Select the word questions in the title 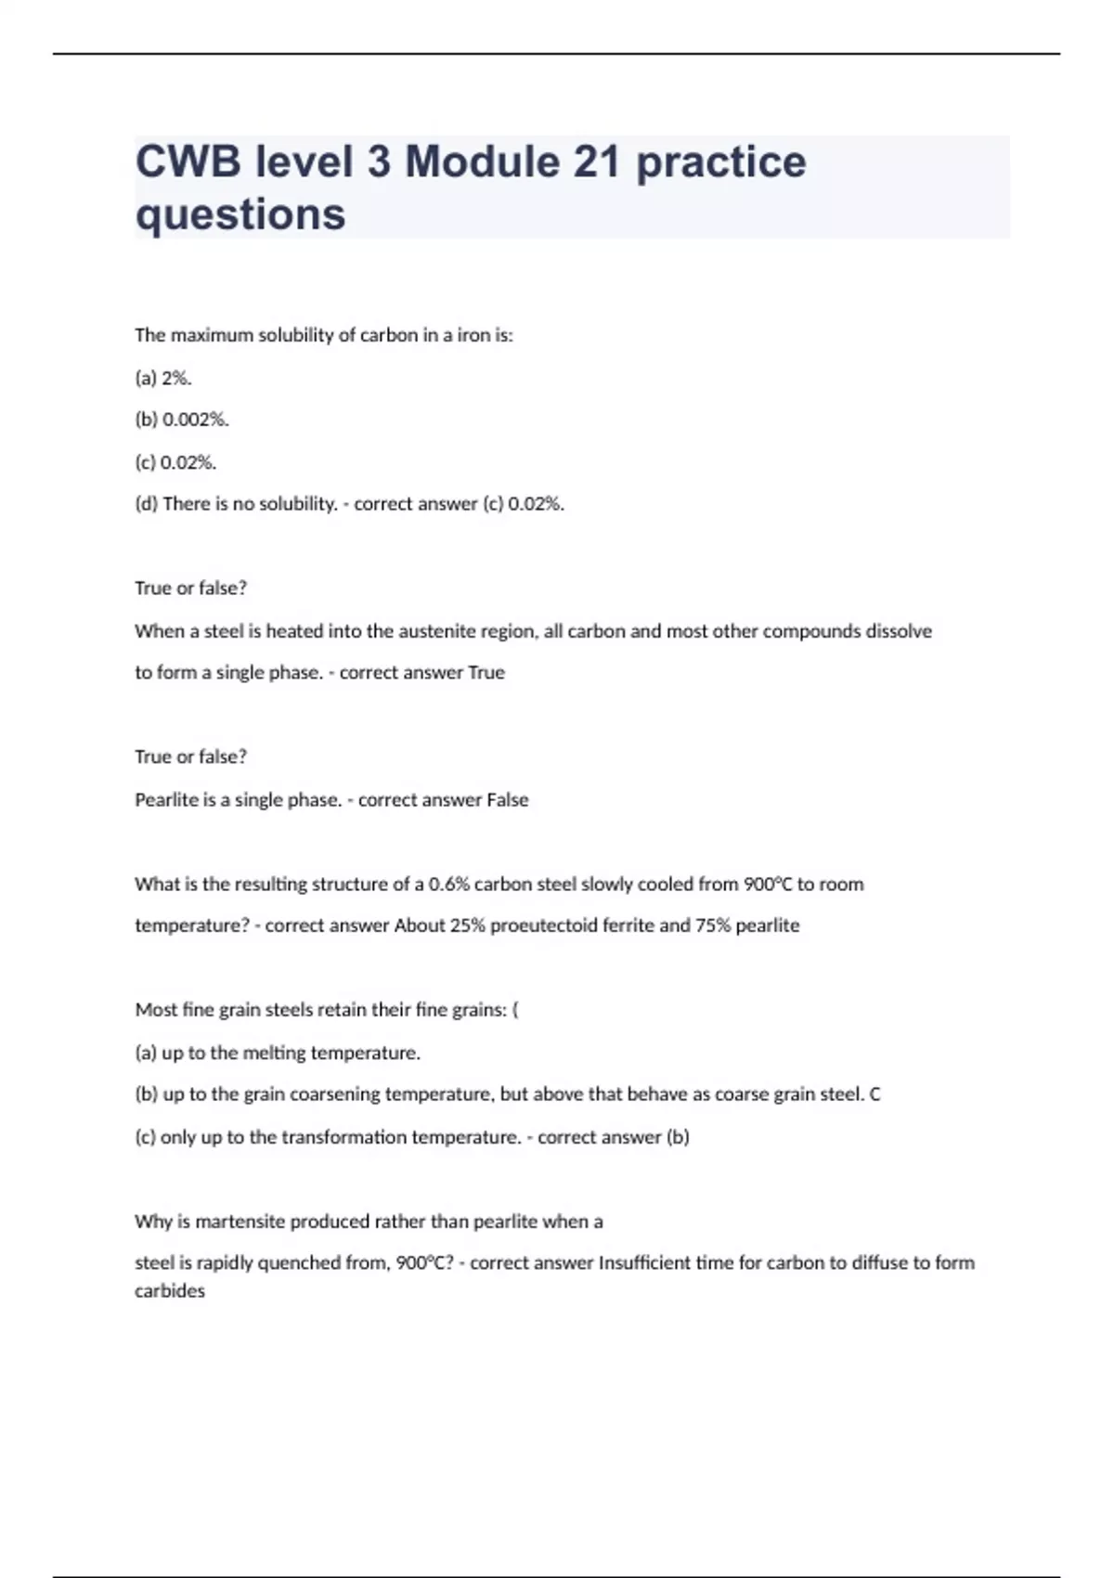[240, 214]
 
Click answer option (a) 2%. [163, 378]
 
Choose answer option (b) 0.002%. [182, 420]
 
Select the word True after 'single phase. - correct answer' [486, 673]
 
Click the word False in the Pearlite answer [507, 800]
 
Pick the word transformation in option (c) [344, 1137]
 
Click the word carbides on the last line [170, 1291]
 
